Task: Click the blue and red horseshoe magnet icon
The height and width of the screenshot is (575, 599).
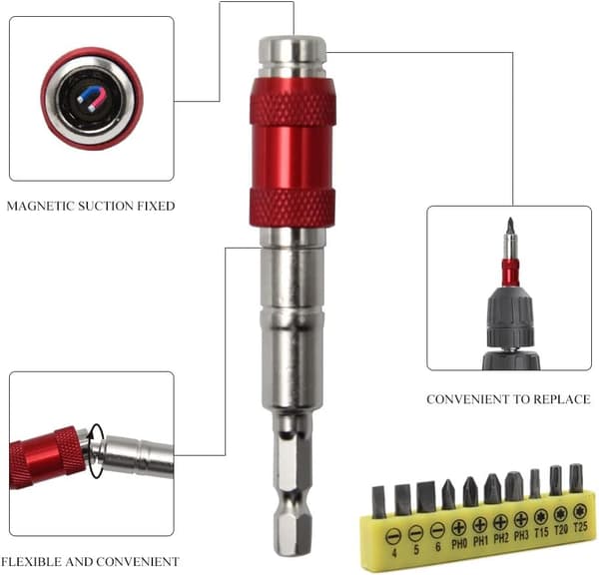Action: click(x=92, y=99)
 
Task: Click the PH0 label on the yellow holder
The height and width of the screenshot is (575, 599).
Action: click(x=459, y=543)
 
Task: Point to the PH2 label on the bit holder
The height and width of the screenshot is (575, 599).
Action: click(x=501, y=538)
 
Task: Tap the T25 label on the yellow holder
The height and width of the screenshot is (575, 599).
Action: click(x=580, y=527)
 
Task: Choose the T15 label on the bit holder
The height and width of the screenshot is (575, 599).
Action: click(x=541, y=532)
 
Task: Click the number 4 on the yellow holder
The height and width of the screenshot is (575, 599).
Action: click(x=394, y=552)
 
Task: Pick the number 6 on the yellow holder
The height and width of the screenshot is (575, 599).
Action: click(x=438, y=547)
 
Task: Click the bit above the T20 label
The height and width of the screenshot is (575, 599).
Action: click(x=555, y=480)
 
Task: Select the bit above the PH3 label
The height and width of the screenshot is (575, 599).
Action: click(x=514, y=486)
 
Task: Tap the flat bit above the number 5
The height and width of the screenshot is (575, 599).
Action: click(x=403, y=500)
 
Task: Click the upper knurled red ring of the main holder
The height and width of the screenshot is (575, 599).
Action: click(x=293, y=109)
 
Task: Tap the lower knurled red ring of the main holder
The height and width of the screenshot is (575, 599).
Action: click(x=293, y=209)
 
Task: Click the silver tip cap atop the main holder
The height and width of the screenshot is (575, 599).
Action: click(x=293, y=57)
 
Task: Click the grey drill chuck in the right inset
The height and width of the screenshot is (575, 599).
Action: click(x=509, y=316)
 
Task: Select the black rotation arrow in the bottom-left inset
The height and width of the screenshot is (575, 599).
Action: click(x=96, y=451)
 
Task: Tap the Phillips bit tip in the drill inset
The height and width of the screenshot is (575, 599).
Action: click(x=509, y=227)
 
